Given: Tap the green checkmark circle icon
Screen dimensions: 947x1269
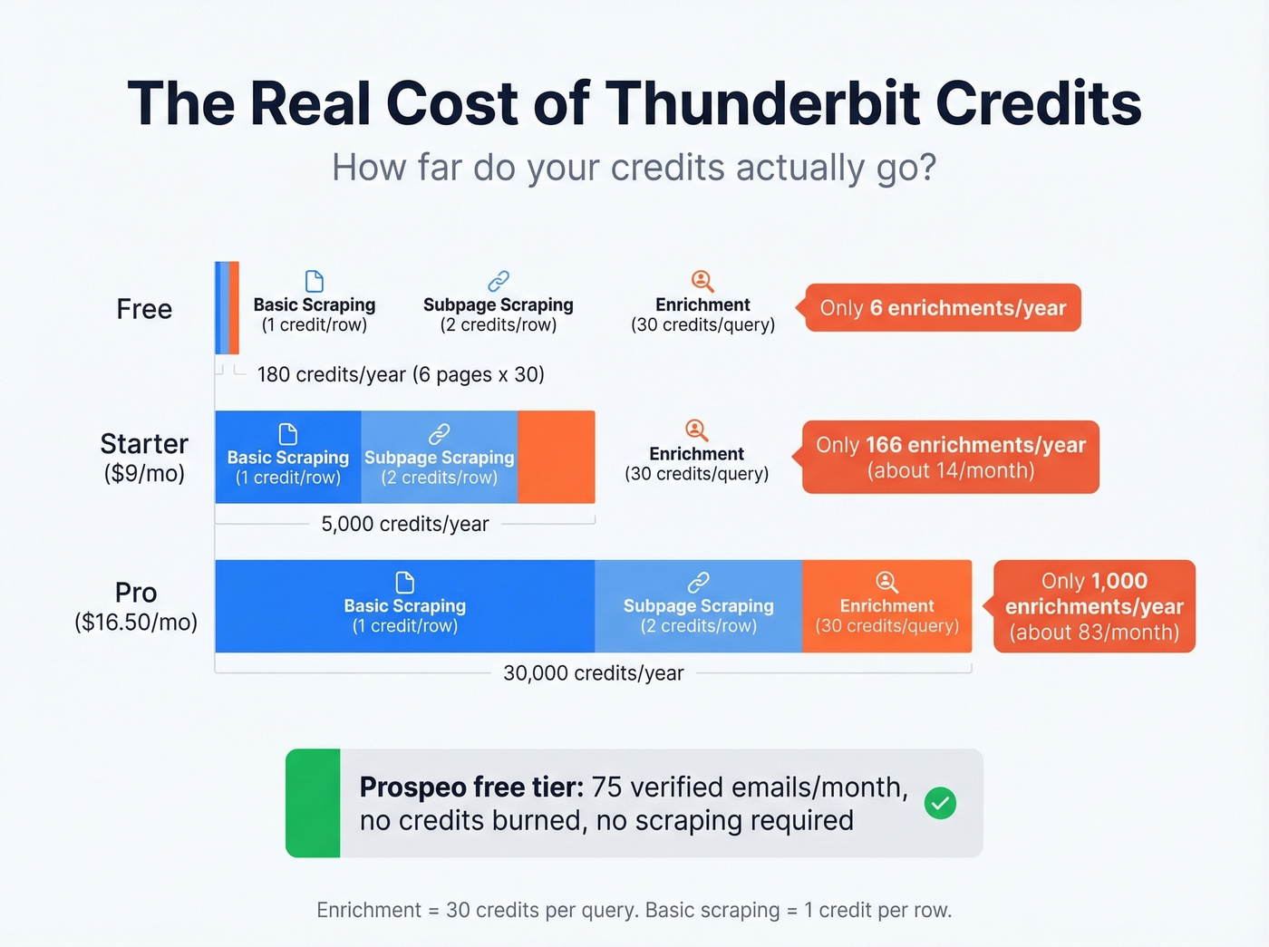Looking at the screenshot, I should [940, 803].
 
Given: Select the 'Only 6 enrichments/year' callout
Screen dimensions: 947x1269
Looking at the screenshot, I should [943, 308].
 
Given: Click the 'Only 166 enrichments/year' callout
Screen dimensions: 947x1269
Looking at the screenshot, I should [950, 457].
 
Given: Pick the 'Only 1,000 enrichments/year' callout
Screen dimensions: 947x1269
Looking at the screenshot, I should [1094, 606].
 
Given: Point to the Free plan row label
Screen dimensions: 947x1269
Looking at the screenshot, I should [144, 309].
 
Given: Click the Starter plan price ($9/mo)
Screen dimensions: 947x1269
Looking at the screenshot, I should [144, 474].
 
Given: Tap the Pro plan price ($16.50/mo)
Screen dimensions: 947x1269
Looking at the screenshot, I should [136, 622].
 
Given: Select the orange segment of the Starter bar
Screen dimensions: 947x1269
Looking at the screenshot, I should [556, 457].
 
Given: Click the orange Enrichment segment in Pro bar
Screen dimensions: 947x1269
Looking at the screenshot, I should [886, 606].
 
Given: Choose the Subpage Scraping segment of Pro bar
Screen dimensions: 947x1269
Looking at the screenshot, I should [698, 606].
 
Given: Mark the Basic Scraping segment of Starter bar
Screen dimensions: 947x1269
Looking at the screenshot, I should [287, 457].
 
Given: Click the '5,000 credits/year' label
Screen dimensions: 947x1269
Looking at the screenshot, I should [405, 524].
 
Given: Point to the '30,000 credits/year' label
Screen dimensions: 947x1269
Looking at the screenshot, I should [594, 673].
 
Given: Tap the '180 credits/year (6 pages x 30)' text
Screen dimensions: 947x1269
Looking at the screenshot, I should [401, 374].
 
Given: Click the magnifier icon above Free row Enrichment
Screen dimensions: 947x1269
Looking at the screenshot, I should [702, 281].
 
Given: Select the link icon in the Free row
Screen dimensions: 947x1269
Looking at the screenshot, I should [499, 281].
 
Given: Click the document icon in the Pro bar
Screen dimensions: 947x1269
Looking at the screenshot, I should [405, 582].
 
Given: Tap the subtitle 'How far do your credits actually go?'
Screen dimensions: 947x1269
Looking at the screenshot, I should [634, 168].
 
